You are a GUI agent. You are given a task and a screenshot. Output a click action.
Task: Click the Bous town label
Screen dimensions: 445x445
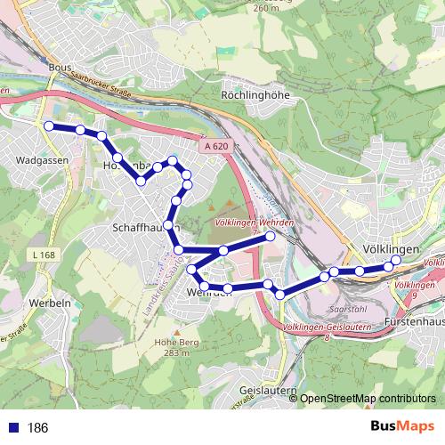pyautogui.click(x=60, y=67)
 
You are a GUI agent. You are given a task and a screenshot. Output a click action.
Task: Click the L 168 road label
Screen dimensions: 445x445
pyautogui.click(x=43, y=256)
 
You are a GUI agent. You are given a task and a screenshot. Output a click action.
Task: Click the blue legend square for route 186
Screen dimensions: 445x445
pyautogui.click(x=12, y=428)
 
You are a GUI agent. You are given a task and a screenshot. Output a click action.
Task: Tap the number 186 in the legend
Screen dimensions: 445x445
pyautogui.click(x=37, y=428)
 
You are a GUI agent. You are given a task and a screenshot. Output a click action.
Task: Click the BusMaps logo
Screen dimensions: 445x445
pyautogui.click(x=401, y=427)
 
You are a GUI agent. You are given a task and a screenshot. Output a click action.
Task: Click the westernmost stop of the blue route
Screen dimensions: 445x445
pyautogui.click(x=48, y=125)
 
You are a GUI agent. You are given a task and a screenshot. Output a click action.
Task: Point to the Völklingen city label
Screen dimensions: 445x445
pyautogui.click(x=392, y=249)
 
